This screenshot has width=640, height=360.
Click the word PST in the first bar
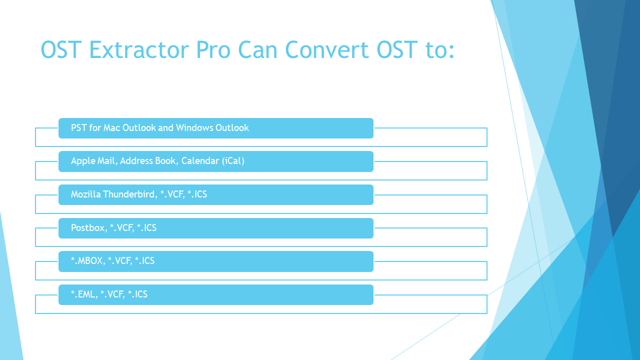click(x=78, y=128)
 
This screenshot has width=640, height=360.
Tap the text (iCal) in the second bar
click(x=233, y=161)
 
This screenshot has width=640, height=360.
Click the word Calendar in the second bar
click(x=200, y=161)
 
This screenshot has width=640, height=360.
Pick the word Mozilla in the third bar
click(x=85, y=194)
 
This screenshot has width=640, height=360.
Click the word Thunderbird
click(x=129, y=194)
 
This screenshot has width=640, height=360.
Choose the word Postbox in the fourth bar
click(x=87, y=228)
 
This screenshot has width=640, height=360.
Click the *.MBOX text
click(x=87, y=261)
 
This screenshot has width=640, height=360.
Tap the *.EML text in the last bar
click(x=83, y=294)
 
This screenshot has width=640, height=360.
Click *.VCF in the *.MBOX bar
click(x=119, y=261)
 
